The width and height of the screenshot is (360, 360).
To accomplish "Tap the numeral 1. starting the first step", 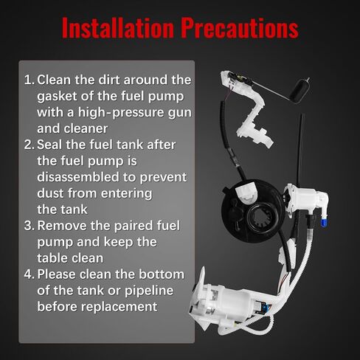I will point(29,79).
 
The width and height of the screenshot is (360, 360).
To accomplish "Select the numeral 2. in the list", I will point(29,145).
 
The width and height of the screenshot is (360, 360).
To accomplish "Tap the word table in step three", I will point(53,258).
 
